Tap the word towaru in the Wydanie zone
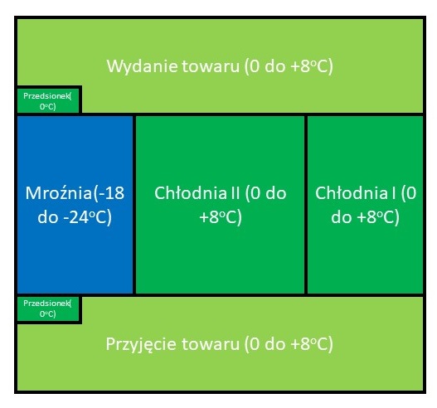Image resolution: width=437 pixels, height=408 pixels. click(211, 66)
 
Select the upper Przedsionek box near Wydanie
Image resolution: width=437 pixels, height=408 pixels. click(48, 101)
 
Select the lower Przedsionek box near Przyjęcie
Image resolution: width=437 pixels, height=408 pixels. click(48, 308)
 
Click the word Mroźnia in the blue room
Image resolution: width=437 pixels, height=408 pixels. click(59, 193)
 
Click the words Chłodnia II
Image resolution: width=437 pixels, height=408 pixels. click(197, 193)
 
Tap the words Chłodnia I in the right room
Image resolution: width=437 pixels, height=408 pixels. click(356, 193)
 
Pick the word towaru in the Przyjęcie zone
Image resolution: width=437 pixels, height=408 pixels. click(211, 344)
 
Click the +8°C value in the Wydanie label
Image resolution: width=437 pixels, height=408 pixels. click(311, 67)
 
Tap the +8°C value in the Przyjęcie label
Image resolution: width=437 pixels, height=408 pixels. click(311, 345)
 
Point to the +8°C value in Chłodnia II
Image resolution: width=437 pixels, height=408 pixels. click(221, 217)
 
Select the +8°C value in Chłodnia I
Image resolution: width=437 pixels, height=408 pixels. click(378, 217)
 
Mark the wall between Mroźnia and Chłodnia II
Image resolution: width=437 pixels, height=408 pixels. click(134, 205)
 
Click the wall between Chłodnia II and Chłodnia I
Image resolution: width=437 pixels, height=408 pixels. click(306, 205)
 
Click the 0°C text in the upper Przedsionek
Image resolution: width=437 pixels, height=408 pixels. click(48, 107)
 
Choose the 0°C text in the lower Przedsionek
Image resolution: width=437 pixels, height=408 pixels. click(48, 314)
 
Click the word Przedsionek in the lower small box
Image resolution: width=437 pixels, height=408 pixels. click(46, 304)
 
